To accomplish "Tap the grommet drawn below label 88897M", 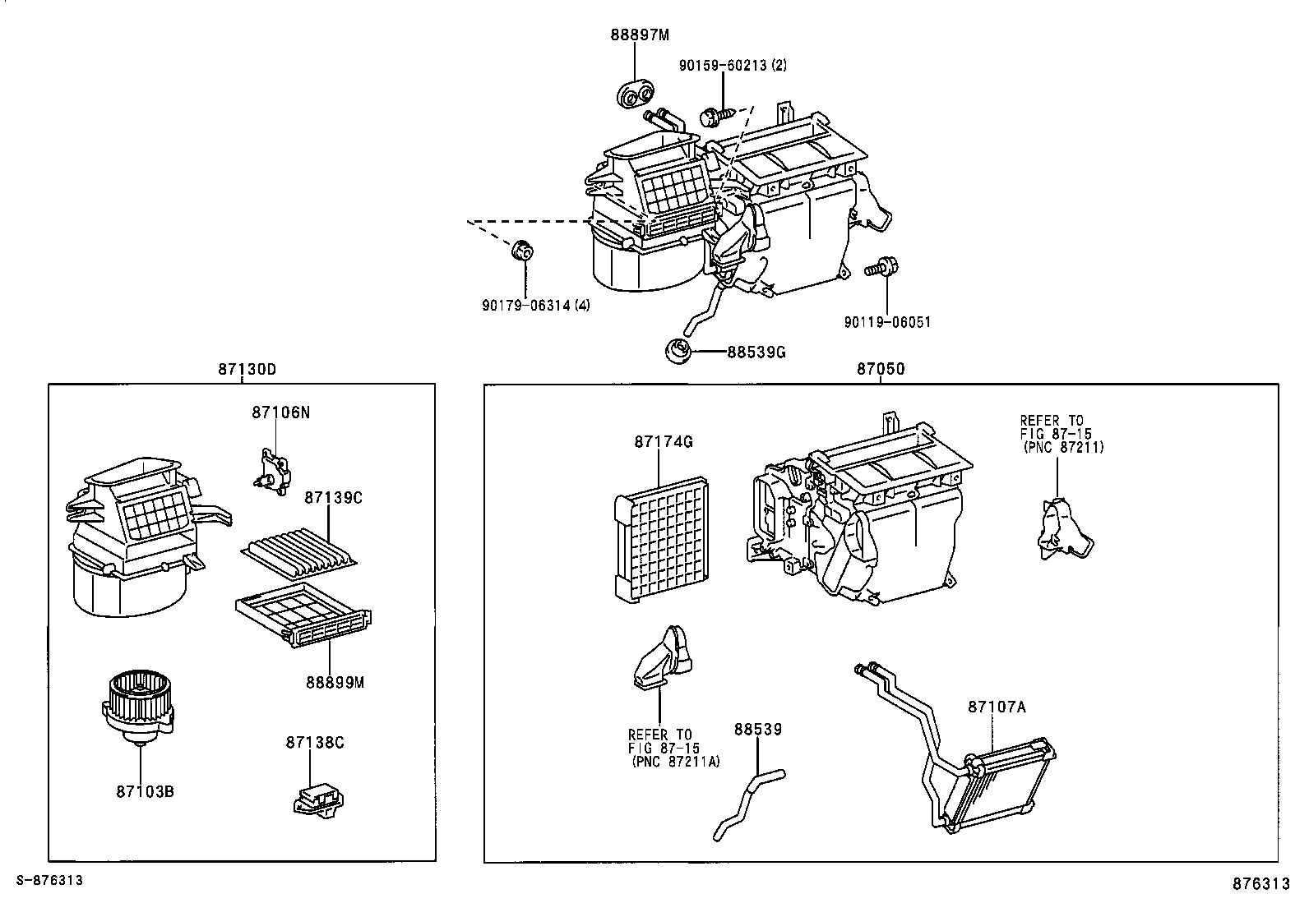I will [631, 94].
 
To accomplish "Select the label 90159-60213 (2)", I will [732, 65].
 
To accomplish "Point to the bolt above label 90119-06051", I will [883, 266].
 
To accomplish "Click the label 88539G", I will [756, 352].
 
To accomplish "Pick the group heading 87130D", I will [247, 370].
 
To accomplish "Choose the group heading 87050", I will [880, 370].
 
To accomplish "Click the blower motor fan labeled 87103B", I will [137, 707].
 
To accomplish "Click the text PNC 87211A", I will [676, 762].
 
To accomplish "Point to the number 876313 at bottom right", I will [1260, 883].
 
